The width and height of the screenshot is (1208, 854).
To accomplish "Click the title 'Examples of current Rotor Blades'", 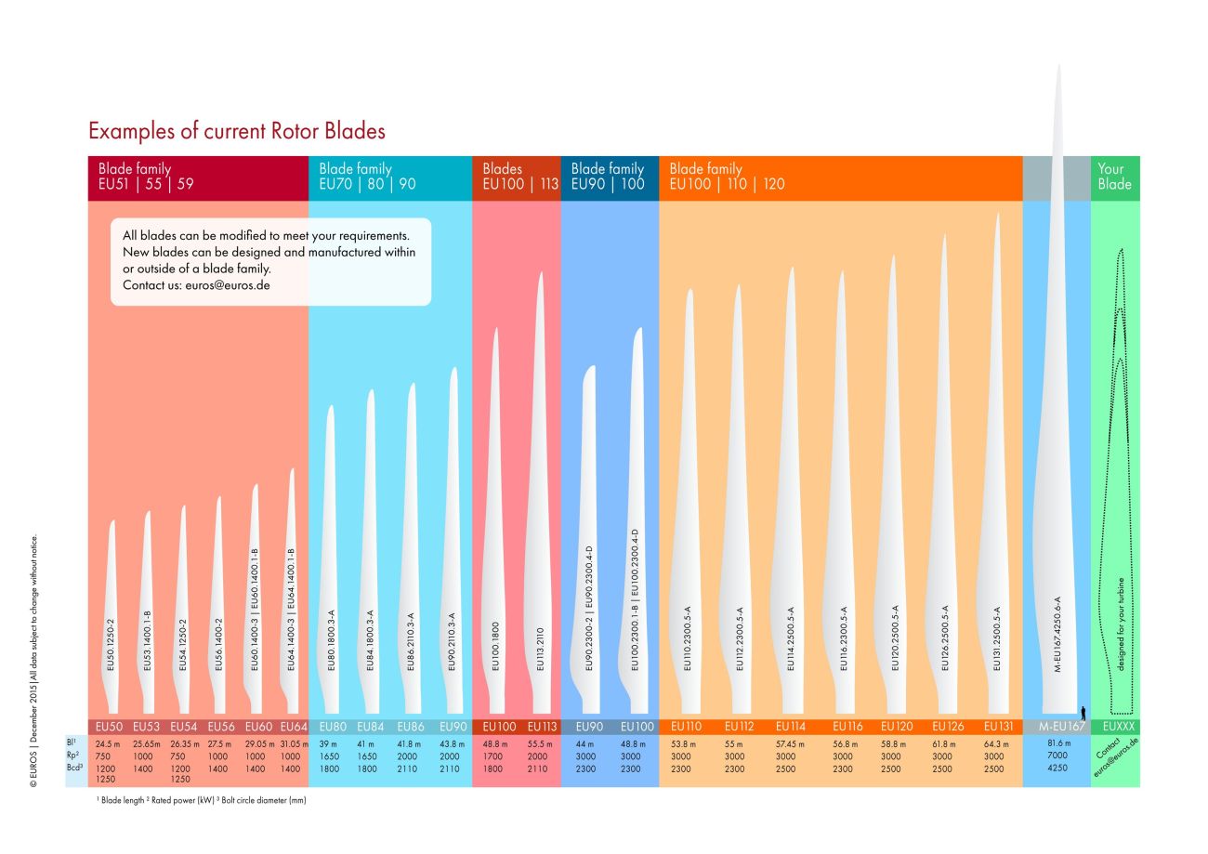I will pos(237,131).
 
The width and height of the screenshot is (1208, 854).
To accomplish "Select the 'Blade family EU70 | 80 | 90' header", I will pos(367,177).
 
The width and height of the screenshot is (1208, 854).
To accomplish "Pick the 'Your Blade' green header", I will pos(1114,177).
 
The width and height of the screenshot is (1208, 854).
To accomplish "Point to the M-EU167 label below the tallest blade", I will pos(1057,727).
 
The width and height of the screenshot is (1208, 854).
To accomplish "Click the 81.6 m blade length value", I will pos(1057,743).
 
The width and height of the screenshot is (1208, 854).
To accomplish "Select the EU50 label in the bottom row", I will pos(109,727).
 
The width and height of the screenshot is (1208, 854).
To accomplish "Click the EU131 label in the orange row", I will pos(998,727).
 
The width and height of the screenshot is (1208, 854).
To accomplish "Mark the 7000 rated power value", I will pos(1057,756).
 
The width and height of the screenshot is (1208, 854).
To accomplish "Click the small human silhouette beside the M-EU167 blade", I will pos(1083,712).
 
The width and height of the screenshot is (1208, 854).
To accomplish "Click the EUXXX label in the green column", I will pos(1115,727).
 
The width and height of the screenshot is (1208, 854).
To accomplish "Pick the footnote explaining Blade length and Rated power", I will pos(201,800).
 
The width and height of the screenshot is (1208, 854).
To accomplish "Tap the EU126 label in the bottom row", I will pos(947,727).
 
